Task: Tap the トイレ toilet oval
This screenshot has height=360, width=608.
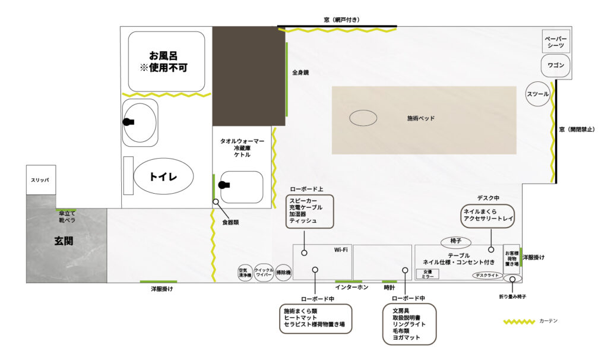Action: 163,176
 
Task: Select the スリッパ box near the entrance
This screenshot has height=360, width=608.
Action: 40,179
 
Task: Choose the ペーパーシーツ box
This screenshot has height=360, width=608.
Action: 556,42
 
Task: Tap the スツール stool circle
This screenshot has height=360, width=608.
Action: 538,94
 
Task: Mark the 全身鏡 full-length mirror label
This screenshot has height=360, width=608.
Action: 300,72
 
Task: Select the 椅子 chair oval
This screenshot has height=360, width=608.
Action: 456,242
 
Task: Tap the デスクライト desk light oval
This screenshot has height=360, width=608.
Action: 486,275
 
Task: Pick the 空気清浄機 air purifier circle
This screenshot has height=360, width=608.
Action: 245,273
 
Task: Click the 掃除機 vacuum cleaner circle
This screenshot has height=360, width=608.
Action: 284,273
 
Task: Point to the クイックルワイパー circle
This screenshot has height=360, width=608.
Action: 264,273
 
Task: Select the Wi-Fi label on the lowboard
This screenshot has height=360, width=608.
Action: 340,250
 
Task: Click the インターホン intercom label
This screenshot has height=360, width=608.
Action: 351,288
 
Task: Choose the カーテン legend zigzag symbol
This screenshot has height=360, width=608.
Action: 519,321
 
